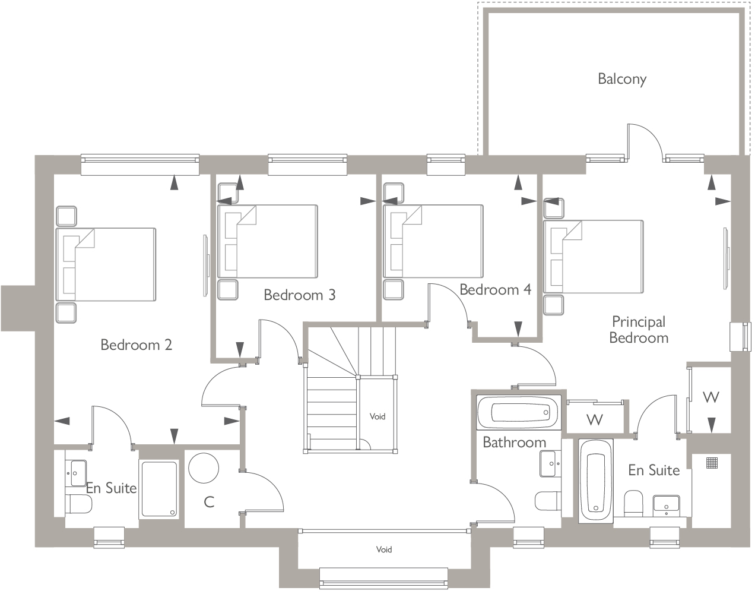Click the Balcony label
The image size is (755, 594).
621,78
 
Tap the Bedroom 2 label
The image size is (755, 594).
136,345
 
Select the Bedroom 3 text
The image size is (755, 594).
299,295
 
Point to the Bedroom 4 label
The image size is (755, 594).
495,290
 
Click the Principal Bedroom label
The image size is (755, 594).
639,330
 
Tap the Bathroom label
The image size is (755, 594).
514,442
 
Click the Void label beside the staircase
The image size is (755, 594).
377,416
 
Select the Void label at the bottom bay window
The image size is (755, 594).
384,549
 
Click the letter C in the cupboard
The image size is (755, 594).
209,502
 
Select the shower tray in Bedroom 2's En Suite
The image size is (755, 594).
158,489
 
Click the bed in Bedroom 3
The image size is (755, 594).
268,241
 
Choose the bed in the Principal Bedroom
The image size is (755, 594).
594,257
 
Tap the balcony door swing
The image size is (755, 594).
644,141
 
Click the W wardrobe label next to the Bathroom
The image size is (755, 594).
595,420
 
